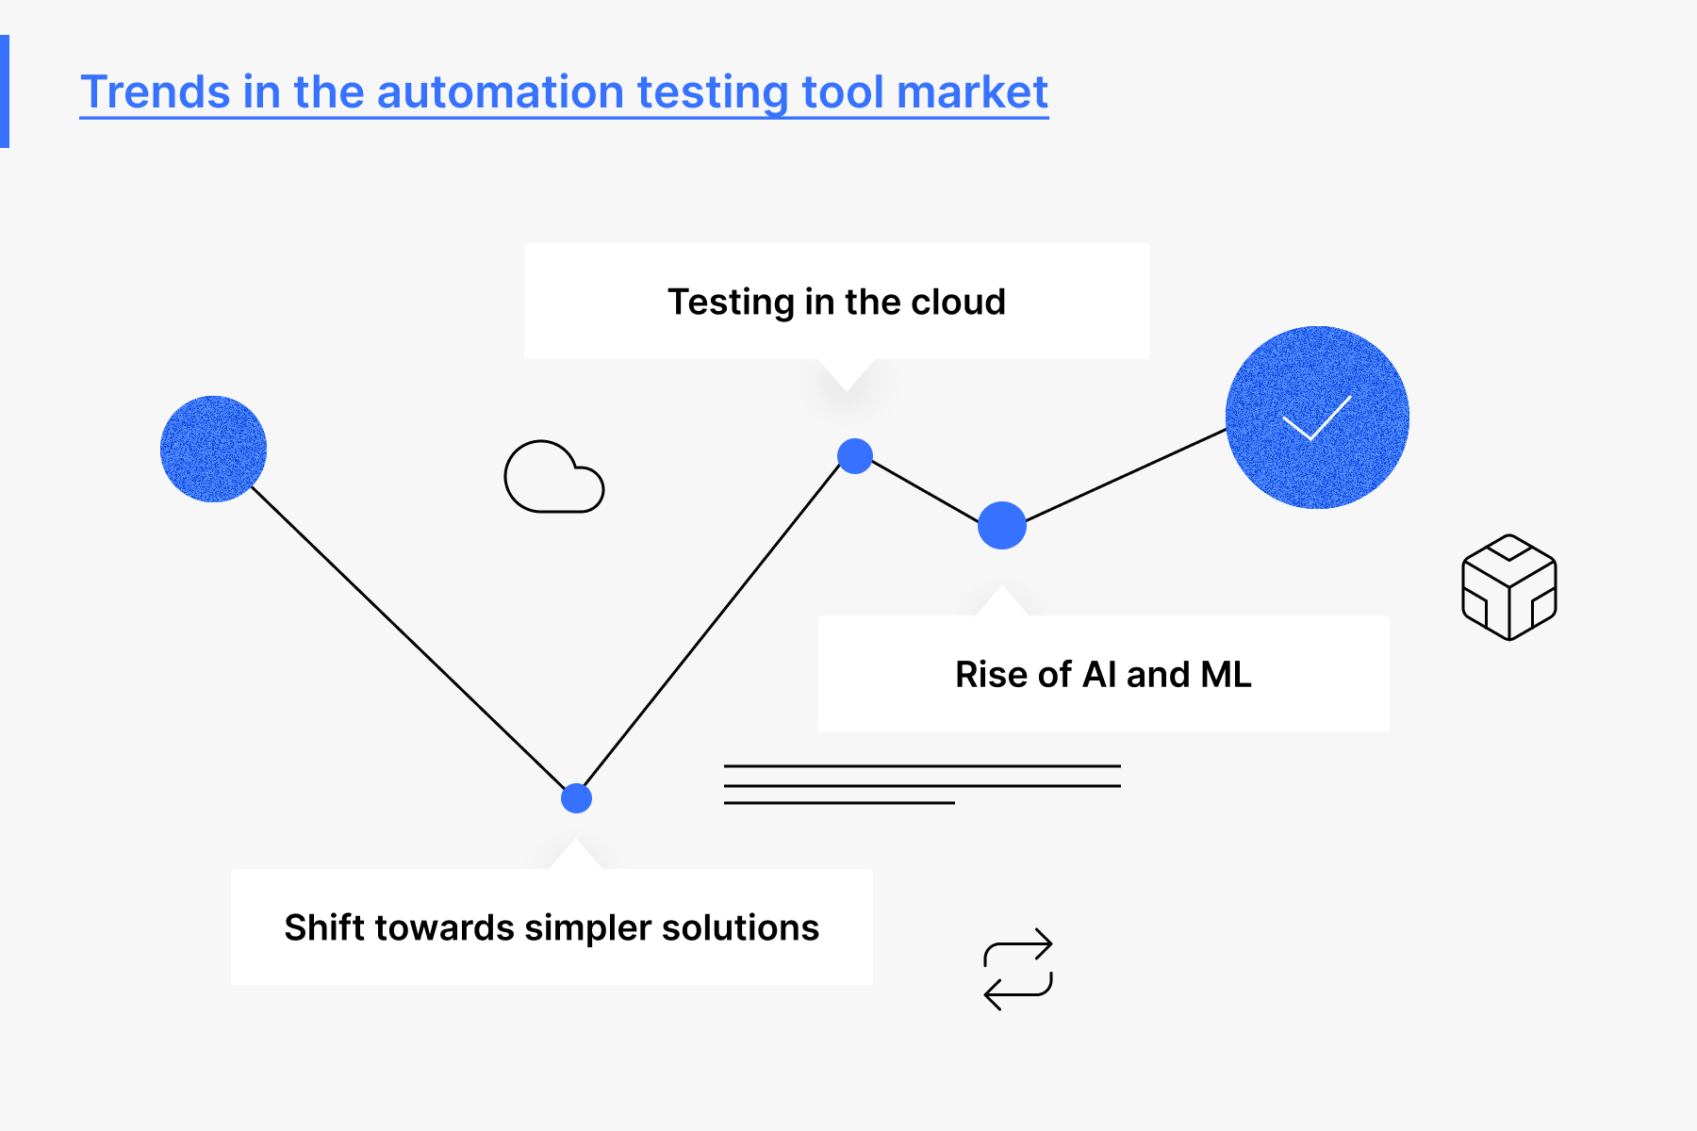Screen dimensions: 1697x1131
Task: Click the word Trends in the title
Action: (x=156, y=92)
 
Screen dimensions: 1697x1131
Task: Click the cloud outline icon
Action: (x=554, y=477)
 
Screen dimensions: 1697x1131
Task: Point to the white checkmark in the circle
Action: (x=1317, y=418)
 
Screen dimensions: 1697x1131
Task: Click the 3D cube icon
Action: (x=1509, y=587)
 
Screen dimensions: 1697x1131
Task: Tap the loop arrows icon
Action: (x=1018, y=969)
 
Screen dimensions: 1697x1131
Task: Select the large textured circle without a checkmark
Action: (x=213, y=449)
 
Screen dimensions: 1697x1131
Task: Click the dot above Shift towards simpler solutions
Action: (x=576, y=798)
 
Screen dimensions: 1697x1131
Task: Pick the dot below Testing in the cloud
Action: (x=855, y=456)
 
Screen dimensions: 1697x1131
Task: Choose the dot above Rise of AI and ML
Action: (x=1002, y=525)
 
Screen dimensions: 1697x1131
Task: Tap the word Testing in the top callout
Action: (x=732, y=303)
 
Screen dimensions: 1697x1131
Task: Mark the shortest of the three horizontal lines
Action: (x=839, y=803)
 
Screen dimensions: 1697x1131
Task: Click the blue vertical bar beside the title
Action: (x=5, y=91)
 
